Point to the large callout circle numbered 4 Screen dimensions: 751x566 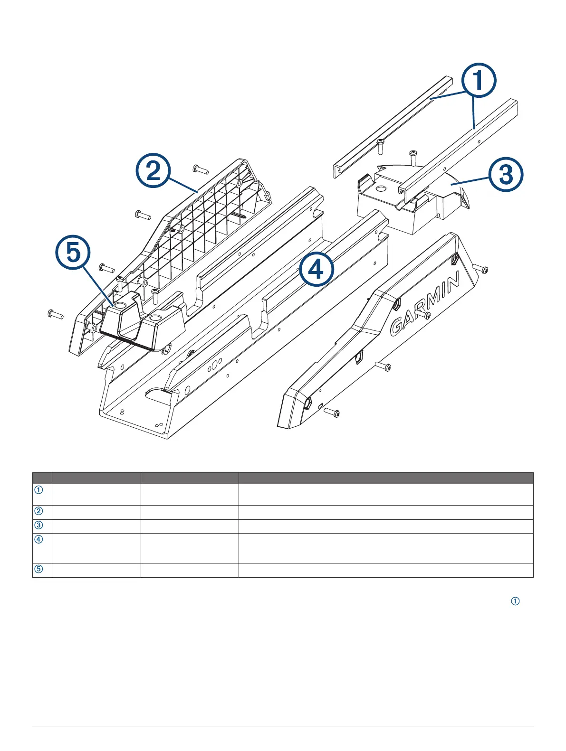pos(316,269)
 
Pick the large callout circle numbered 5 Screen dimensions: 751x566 pos(73,253)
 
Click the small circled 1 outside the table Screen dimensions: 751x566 pos(515,601)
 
